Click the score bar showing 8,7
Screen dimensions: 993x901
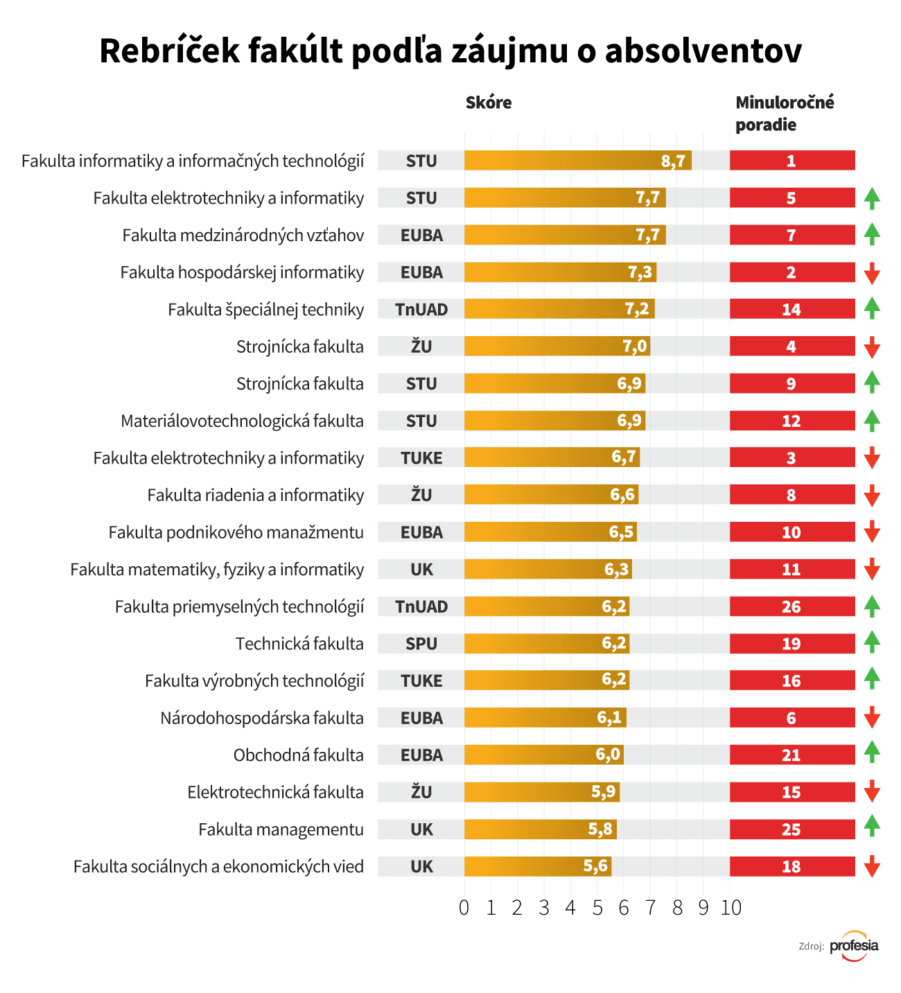[577, 161]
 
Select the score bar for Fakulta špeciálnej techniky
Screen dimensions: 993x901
[559, 309]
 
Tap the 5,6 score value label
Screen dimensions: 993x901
[595, 866]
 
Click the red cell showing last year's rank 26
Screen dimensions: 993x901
[791, 606]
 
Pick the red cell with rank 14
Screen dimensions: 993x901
[791, 309]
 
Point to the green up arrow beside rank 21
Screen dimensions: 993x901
[872, 752]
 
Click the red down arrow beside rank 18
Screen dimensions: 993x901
[872, 866]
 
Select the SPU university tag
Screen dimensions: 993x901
[421, 644]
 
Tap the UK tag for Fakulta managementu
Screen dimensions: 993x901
[421, 829]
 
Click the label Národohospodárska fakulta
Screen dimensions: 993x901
[262, 718]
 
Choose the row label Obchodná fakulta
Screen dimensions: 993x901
[299, 755]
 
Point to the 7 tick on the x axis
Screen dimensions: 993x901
[650, 908]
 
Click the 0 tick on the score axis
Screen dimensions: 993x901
[464, 908]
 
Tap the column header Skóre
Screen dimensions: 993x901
[489, 103]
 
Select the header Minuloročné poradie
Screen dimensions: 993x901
[785, 114]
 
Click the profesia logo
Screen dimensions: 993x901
[854, 946]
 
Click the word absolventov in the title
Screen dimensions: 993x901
[703, 51]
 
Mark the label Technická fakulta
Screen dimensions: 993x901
[299, 644]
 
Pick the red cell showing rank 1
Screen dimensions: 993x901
[791, 161]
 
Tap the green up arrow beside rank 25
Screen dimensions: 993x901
[872, 825]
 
